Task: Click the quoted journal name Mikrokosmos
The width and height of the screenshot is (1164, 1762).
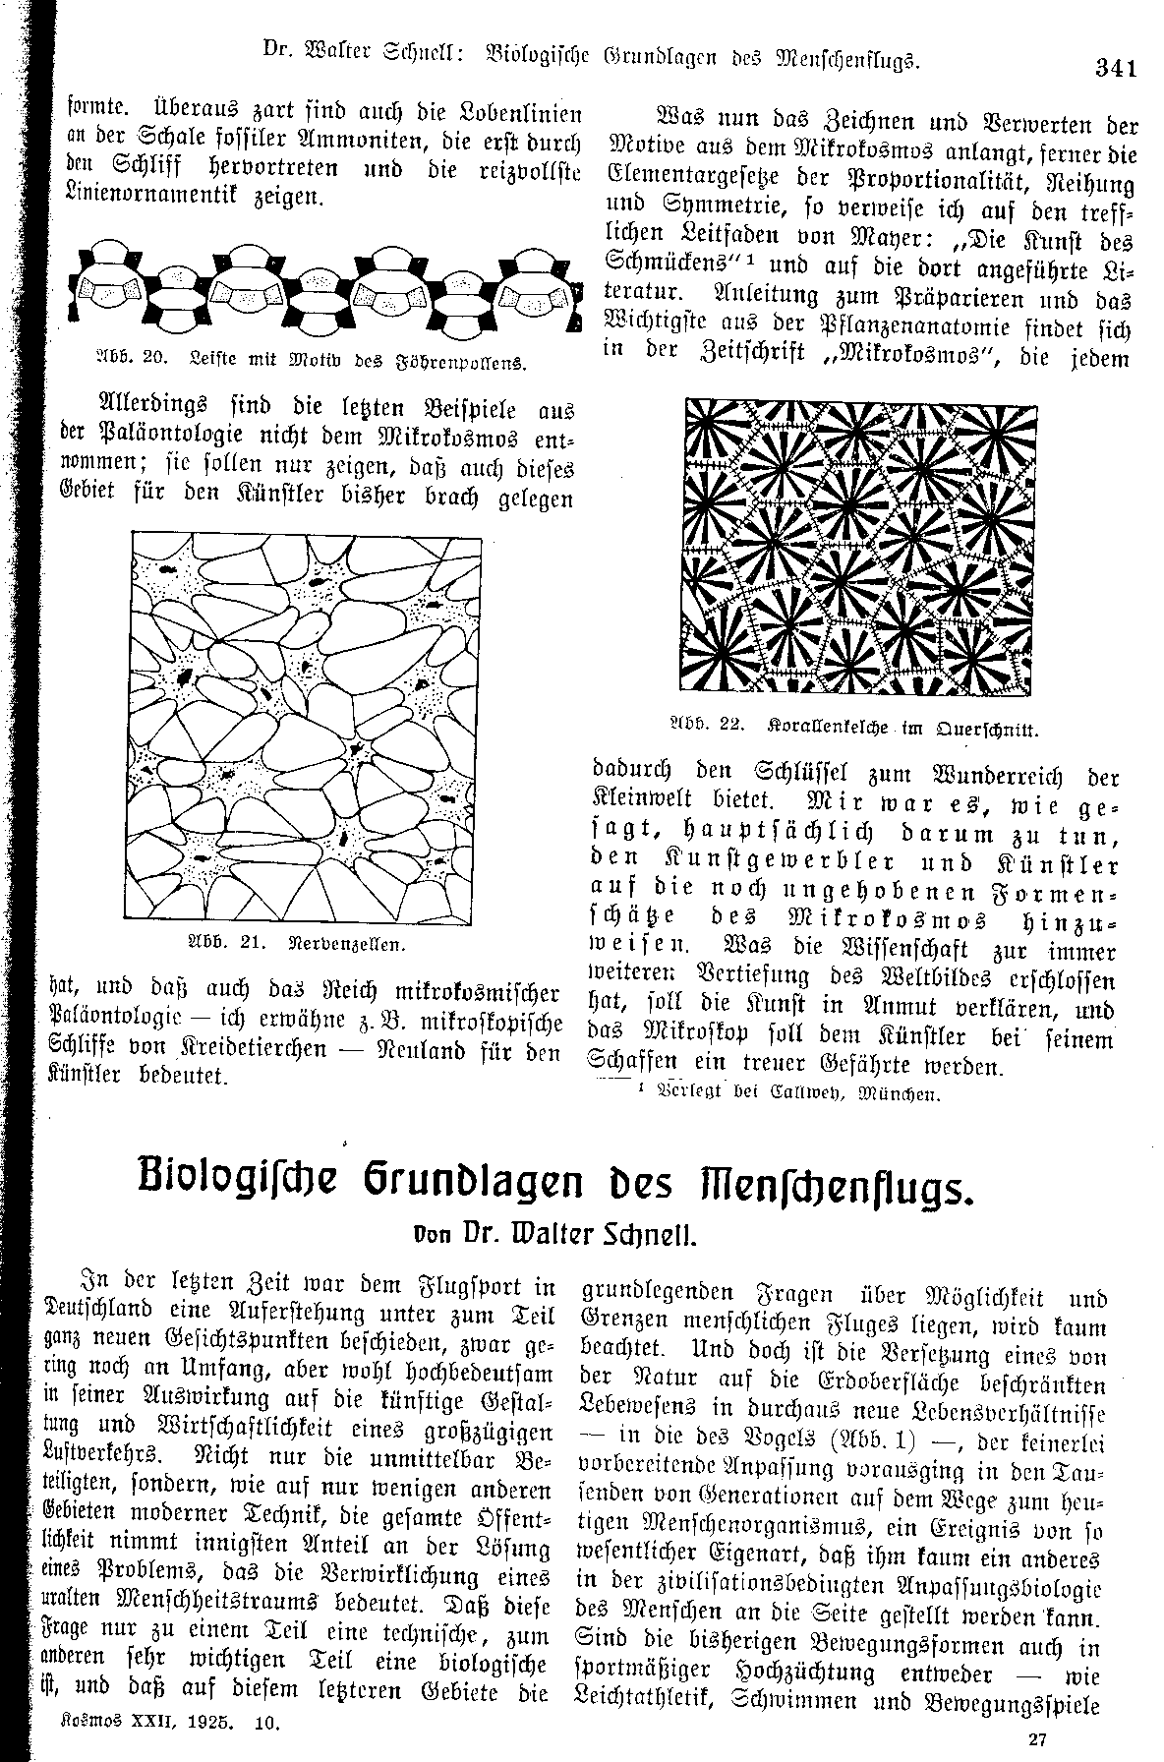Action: coord(917,359)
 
